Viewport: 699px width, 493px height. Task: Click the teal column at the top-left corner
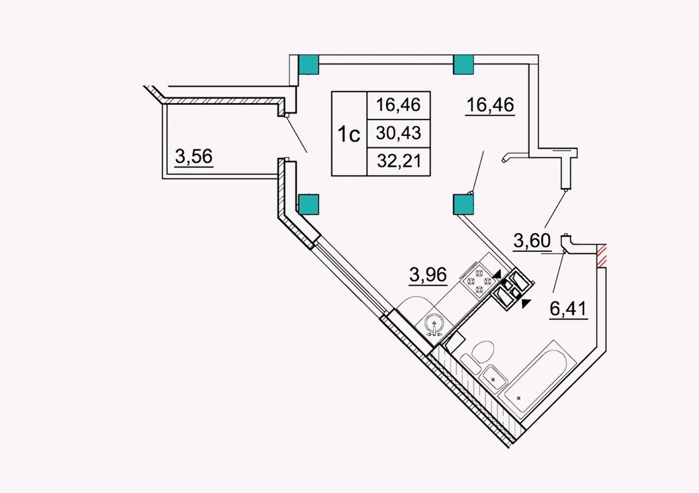click(x=309, y=64)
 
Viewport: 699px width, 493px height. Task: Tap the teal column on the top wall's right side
click(x=463, y=64)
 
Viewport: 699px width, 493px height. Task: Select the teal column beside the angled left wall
click(x=309, y=204)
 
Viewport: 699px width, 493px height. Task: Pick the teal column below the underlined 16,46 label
click(x=463, y=204)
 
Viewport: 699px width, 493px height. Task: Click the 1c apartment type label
click(x=349, y=134)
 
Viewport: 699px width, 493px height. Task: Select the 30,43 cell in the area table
click(x=399, y=133)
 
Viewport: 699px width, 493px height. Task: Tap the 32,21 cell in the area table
click(x=399, y=161)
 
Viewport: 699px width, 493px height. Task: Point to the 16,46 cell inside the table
click(x=399, y=105)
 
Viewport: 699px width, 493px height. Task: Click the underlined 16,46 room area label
click(x=490, y=105)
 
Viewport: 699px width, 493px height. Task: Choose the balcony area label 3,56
click(x=194, y=156)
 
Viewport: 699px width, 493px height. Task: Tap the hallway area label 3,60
click(x=532, y=241)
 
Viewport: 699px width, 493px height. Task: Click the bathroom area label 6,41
click(x=568, y=309)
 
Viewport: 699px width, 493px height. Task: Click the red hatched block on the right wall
click(x=601, y=256)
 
